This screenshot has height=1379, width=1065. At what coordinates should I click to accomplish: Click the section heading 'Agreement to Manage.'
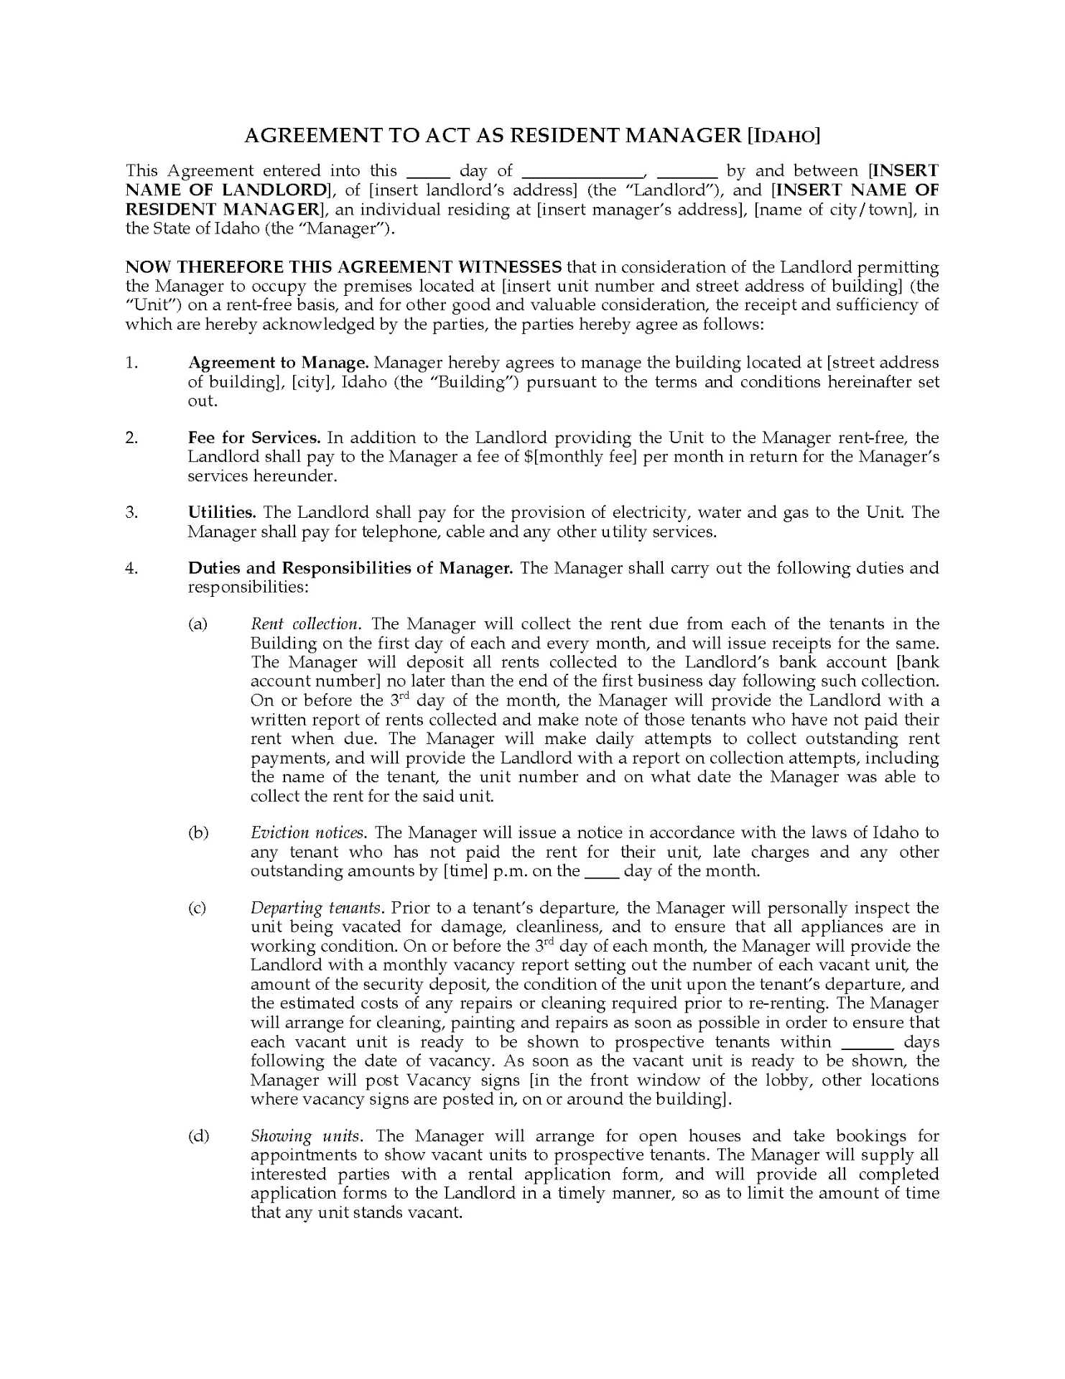(x=278, y=363)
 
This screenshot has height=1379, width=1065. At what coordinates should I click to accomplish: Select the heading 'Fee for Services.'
(x=254, y=438)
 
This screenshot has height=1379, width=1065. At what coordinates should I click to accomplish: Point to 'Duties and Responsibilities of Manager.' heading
(x=350, y=569)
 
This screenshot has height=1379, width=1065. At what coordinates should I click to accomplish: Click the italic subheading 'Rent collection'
(x=304, y=624)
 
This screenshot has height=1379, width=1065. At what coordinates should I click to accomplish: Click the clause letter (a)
(x=197, y=624)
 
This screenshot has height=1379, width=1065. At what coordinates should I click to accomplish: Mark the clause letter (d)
(x=198, y=1137)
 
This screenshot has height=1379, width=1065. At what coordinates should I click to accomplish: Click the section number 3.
(x=131, y=513)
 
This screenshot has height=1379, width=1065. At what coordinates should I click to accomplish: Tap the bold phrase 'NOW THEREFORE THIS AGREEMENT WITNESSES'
(x=343, y=268)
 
